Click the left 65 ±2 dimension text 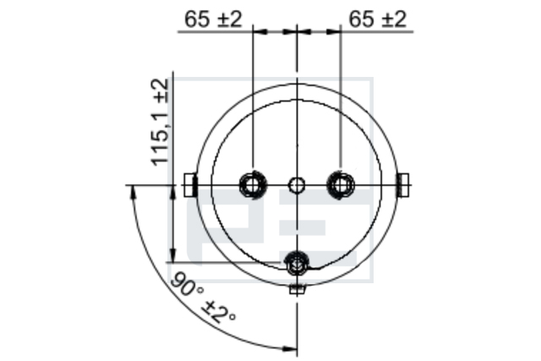coord(213,19)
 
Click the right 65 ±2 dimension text coord(378,19)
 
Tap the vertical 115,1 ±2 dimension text coord(160,123)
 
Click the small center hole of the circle coord(297,185)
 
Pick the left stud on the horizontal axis coord(253,184)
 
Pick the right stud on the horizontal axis coord(341,184)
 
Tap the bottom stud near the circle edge coord(297,264)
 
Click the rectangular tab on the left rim coord(190,185)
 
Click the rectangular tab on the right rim coord(403,185)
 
